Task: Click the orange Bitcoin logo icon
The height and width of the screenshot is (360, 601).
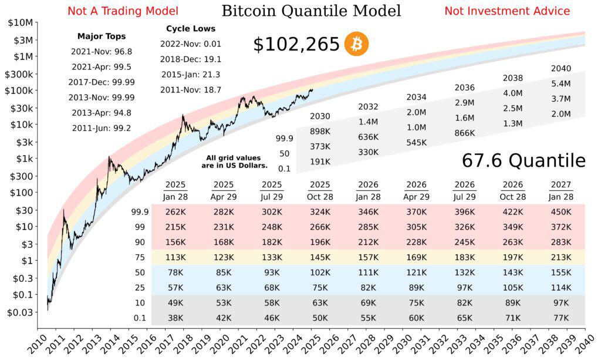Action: pos(356,44)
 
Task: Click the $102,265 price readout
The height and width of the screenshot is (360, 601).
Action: pos(296,45)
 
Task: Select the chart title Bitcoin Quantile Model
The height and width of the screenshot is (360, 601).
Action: pos(311,11)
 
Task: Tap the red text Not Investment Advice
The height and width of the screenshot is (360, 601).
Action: pos(507,11)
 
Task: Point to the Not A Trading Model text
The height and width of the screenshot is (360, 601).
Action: pos(123,11)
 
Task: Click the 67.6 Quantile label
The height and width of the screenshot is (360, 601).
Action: pos(524,160)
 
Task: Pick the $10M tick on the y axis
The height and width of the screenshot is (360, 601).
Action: pos(21,23)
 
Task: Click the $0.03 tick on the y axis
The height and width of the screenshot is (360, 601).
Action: pos(19,313)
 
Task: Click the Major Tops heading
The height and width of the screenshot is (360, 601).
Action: pos(102,36)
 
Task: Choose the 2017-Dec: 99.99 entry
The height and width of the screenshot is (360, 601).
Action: pos(102,82)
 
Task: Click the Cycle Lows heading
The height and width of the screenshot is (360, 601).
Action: pos(191,28)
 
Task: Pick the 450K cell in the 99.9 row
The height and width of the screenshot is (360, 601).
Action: pos(561,211)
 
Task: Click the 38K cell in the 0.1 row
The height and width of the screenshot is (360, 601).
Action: pos(174,318)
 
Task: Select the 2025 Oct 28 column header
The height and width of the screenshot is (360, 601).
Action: pos(320,191)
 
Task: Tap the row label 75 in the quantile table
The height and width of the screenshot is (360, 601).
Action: pos(140,257)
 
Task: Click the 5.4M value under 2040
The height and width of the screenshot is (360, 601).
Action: pos(561,83)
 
